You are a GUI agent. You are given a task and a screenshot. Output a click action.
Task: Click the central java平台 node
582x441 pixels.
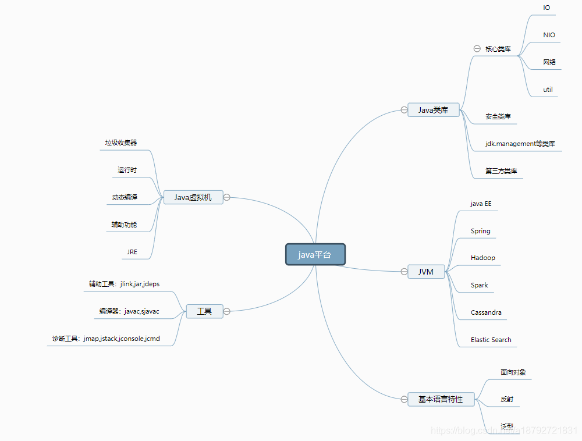coord(315,254)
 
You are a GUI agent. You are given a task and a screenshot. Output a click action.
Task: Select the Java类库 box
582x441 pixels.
coord(433,110)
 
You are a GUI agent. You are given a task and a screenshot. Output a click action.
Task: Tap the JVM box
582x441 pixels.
coord(426,272)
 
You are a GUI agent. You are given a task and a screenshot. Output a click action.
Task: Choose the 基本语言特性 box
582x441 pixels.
coord(441,399)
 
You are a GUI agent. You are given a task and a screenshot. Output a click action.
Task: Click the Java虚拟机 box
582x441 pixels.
coord(193,197)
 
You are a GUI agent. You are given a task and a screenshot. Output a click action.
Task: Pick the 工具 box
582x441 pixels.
coord(204,311)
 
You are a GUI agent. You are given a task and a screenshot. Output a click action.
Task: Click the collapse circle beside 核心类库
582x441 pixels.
coord(477,49)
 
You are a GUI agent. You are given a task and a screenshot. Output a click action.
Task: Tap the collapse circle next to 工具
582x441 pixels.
coord(227,311)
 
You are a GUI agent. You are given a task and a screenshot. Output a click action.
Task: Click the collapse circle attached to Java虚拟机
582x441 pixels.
coord(227,197)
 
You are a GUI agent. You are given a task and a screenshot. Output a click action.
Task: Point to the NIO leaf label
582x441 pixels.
coord(549,35)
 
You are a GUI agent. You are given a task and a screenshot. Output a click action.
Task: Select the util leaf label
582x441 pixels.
coord(548,90)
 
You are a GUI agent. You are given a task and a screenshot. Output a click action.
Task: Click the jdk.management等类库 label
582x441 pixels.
coord(520,144)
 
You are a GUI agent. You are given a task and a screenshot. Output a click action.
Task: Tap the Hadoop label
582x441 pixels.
coord(483,258)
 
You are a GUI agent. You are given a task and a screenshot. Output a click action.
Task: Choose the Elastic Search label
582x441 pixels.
coord(491,340)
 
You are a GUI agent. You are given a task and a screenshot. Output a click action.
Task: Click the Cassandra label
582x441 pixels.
coord(486,312)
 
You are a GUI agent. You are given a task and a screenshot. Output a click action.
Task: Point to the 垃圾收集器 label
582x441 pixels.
coord(121,143)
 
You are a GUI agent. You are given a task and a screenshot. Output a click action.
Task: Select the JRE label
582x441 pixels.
coord(132,252)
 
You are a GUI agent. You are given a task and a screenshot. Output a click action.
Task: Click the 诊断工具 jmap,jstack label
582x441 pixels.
coord(106,338)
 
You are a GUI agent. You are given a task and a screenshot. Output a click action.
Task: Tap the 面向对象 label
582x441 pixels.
coord(513,372)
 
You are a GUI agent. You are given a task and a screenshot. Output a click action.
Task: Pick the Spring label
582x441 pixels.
coord(481,231)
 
